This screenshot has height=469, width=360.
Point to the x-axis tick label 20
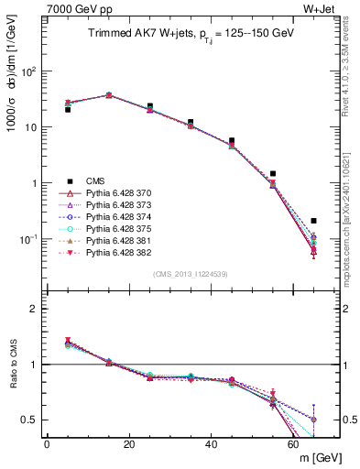tap(129, 444)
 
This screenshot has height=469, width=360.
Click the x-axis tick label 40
tap(212, 444)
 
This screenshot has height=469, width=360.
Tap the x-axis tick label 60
tap(294, 444)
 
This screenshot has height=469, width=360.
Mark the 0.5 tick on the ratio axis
tap(32, 420)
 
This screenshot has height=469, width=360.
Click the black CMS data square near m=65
tap(314, 221)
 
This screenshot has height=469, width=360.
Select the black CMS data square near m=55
tap(273, 173)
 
